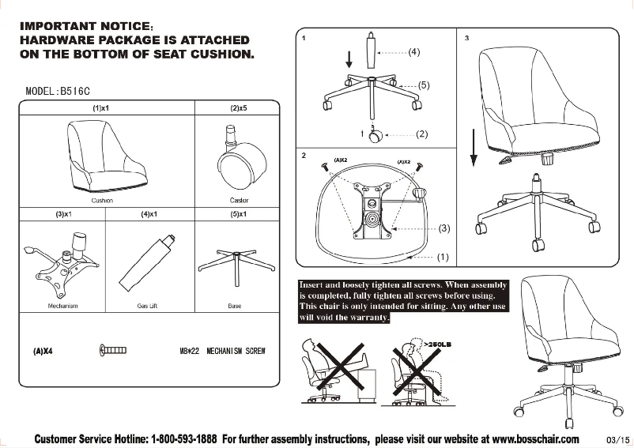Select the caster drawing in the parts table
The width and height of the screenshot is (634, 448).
coord(235,160)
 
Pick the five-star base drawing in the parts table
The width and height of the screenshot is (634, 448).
coord(234,264)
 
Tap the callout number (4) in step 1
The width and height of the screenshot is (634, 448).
coord(415,52)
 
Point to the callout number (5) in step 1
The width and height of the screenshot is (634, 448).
coord(423,85)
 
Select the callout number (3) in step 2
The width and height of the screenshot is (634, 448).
coord(444,228)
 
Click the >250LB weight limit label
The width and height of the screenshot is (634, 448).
coord(438,344)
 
